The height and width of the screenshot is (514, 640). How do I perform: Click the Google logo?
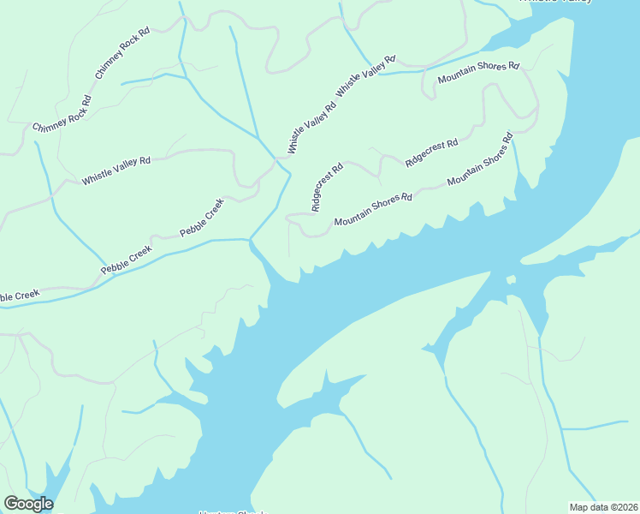(28, 504)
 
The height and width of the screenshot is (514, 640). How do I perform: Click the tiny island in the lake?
(511, 279)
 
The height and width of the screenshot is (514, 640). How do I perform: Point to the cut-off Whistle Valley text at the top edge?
(556, 2)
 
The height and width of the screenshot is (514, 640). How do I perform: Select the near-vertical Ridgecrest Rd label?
(327, 187)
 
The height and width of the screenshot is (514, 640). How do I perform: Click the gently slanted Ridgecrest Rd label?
(431, 152)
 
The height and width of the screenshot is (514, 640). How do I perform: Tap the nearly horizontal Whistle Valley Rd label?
(116, 170)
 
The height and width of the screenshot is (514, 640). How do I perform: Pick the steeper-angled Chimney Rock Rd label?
(122, 54)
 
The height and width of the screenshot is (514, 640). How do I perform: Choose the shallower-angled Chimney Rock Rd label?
(62, 116)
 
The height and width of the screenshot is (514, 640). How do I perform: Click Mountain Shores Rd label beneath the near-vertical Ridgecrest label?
(373, 209)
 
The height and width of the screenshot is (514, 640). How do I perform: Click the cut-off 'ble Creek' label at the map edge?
(19, 296)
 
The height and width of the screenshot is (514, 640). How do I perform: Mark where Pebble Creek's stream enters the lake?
(251, 242)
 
